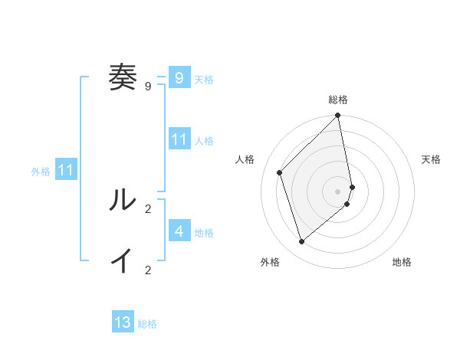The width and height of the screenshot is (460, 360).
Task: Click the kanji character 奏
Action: [x=122, y=77]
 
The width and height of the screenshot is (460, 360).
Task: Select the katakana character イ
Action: [x=122, y=261]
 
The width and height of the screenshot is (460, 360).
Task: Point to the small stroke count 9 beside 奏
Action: [x=148, y=87]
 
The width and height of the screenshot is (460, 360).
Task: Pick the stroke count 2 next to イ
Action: [x=148, y=270]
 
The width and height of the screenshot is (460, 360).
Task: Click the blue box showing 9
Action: [x=179, y=77]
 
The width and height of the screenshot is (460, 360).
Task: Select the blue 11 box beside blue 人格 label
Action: [x=179, y=139]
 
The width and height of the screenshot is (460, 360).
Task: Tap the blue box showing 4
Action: [x=179, y=231]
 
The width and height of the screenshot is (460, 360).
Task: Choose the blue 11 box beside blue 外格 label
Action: [x=65, y=170]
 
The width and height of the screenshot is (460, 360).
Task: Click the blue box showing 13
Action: [x=123, y=322]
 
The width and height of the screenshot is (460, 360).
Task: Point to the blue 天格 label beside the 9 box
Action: [x=204, y=80]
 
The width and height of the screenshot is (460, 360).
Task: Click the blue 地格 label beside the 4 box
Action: [x=204, y=233]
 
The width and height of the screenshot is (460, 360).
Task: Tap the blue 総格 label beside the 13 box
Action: [x=147, y=325]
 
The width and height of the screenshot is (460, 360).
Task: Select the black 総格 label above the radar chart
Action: [x=338, y=100]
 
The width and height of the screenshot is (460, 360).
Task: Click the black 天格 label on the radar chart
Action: [x=431, y=159]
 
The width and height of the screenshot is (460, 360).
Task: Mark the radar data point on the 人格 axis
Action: [x=280, y=172]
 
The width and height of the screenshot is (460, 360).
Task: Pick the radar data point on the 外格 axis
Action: [x=302, y=241]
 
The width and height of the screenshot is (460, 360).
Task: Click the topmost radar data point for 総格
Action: [x=338, y=116]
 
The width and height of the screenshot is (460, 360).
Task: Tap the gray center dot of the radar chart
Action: [x=338, y=191]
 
